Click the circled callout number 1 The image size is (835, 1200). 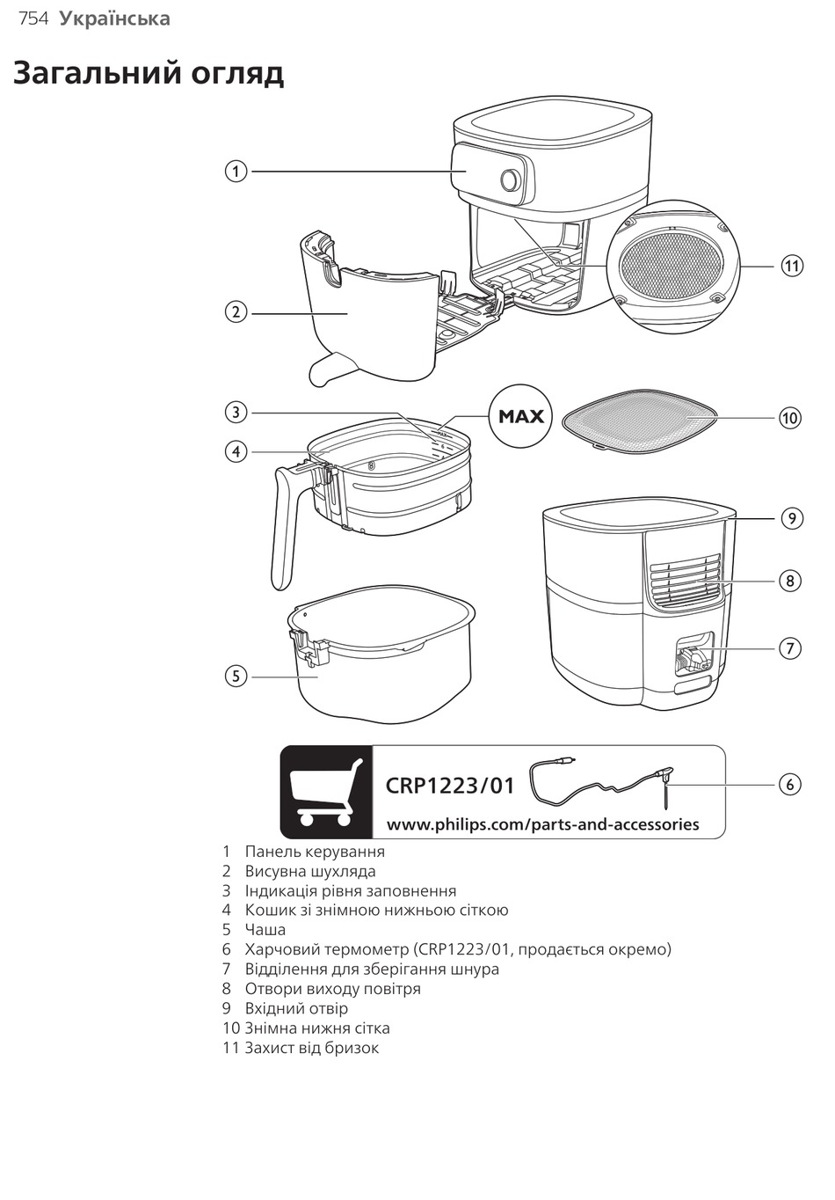[236, 171]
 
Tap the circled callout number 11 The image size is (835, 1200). [792, 265]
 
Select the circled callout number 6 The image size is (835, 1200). [790, 784]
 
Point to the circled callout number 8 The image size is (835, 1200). [790, 581]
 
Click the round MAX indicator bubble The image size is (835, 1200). [521, 416]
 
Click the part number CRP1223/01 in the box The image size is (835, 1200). [450, 785]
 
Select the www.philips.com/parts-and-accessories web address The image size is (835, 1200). [542, 824]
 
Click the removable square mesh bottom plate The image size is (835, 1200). [640, 419]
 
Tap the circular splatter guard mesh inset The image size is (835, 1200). [672, 265]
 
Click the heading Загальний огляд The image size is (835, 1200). [149, 73]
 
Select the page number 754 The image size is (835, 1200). [33, 18]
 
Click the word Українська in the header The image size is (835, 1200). [115, 18]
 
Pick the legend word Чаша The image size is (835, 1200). [265, 930]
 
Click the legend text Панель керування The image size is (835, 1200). [314, 852]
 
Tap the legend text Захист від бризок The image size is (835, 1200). [311, 1048]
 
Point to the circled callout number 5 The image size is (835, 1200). [236, 676]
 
